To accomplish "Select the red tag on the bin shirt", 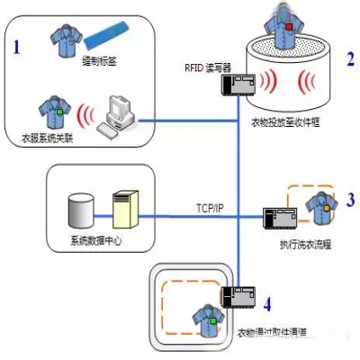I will coord(291,25).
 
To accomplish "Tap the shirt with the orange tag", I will coord(317,205).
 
